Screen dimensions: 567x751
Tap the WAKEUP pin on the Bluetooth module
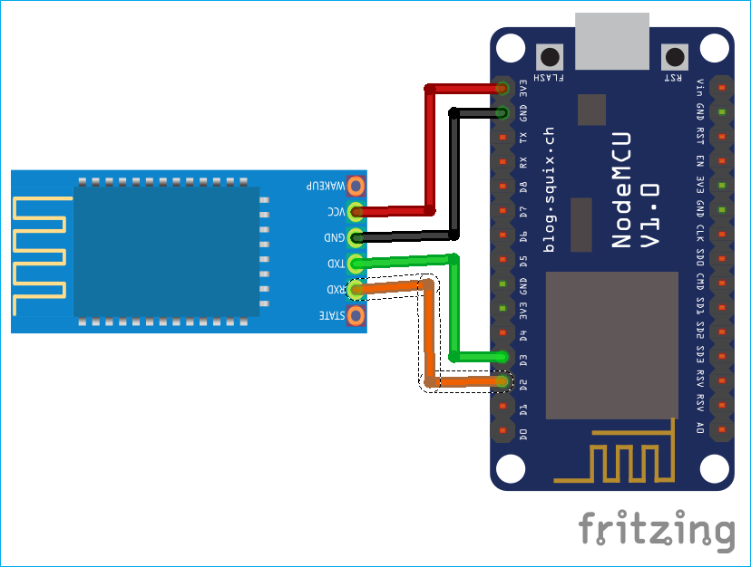tap(355, 186)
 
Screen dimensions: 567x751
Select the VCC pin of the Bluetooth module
tap(355, 212)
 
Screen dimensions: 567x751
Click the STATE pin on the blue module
tap(355, 316)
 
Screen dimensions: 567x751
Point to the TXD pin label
tap(336, 264)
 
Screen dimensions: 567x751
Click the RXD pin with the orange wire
tap(355, 290)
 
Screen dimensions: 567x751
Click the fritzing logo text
tap(657, 529)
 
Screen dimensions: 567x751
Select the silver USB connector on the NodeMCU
tap(612, 41)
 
